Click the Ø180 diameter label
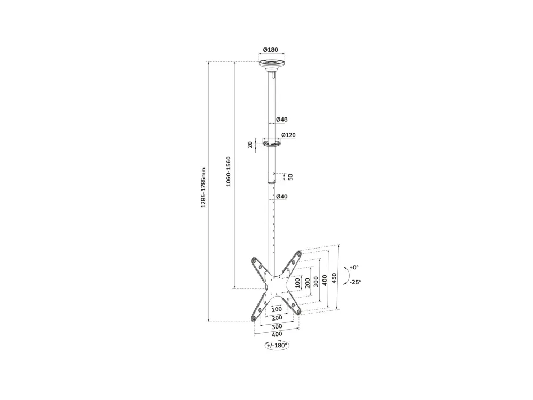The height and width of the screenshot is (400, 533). [271, 50]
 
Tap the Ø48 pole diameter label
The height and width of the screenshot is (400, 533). [282, 119]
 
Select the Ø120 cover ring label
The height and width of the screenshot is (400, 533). [288, 135]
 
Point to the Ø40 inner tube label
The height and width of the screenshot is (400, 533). [282, 197]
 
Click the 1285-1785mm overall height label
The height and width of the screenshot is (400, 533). [203, 187]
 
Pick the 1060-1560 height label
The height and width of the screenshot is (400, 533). [229, 171]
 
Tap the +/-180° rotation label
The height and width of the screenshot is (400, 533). [277, 346]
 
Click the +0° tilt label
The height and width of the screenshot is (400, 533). [354, 267]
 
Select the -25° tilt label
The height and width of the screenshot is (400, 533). [355, 282]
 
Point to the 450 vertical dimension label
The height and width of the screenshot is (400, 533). [334, 278]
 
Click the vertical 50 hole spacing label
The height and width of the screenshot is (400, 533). [290, 177]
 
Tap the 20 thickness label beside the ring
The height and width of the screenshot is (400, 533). [250, 145]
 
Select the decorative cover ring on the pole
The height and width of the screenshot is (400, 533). [272, 144]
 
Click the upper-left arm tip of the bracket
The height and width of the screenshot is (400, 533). [254, 261]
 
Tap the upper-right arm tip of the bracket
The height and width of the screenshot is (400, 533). [299, 254]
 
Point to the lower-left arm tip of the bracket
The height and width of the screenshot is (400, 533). [254, 318]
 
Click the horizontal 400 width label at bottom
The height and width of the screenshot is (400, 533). [277, 334]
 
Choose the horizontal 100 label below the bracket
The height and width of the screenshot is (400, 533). [277, 309]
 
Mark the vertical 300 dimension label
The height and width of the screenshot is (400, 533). [316, 282]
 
